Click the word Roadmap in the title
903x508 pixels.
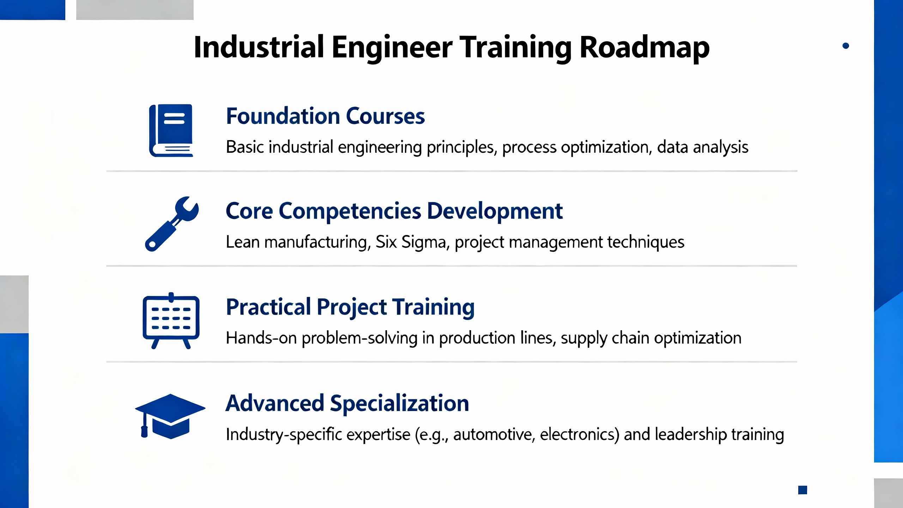[x=644, y=47]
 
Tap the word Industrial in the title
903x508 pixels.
[x=259, y=47]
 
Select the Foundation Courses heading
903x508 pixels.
[x=325, y=116]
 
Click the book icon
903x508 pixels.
[x=171, y=131]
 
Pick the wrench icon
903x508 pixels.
[x=172, y=224]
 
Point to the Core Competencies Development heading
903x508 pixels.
[x=394, y=211]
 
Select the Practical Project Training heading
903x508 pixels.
[x=350, y=307]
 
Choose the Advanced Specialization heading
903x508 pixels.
[x=347, y=403]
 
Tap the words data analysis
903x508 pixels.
[x=703, y=147]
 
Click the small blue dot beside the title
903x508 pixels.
[x=846, y=46]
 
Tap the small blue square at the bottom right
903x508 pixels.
[x=803, y=490]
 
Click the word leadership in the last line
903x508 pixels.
[x=691, y=434]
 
